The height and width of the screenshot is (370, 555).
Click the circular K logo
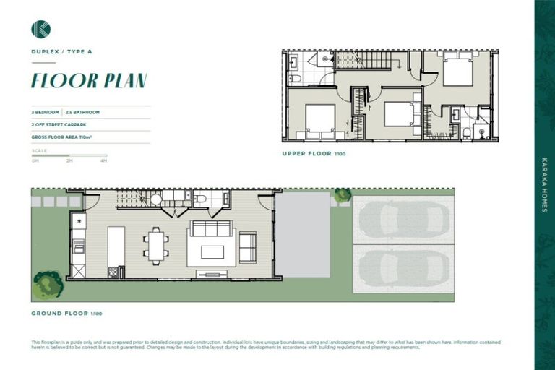tap(40, 29)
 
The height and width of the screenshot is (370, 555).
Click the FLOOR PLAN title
tap(89, 80)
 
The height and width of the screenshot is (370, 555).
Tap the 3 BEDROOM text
tap(46, 113)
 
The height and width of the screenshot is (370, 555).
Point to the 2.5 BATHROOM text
tap(82, 113)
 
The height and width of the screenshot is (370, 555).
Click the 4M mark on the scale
tap(104, 160)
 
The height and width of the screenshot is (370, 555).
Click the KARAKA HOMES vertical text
tap(544, 184)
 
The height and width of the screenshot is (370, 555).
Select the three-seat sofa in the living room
tap(210, 230)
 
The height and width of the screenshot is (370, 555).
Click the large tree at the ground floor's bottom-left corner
tap(48, 284)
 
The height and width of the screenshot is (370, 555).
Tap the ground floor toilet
tap(201, 199)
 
